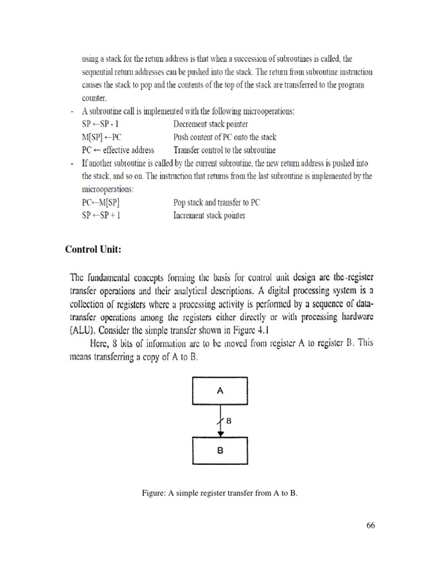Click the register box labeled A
(x=220, y=391)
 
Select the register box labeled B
(x=220, y=450)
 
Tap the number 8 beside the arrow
(x=228, y=421)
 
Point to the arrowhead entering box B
(x=220, y=433)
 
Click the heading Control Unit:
(x=93, y=249)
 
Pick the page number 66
(x=371, y=526)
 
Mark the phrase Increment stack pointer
(x=209, y=215)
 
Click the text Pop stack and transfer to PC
(x=216, y=202)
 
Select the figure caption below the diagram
(x=220, y=493)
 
